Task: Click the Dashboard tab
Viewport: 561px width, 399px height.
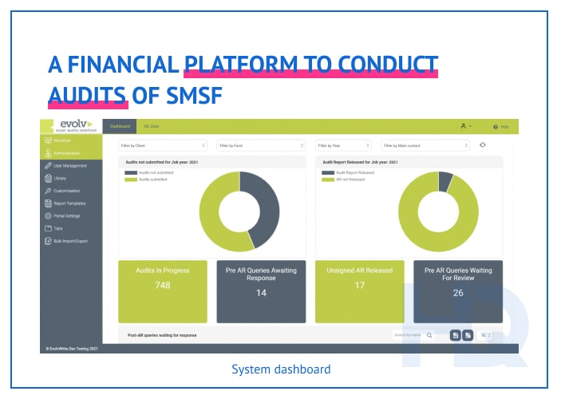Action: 120,126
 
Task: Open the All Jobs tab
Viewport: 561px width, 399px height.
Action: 151,126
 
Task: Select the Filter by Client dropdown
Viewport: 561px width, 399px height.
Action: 164,145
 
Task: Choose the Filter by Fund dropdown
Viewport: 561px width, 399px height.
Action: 261,145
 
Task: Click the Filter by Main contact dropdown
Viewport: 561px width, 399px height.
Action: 425,145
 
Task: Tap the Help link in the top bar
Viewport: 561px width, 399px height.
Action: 501,127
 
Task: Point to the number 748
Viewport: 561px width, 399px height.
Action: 163,286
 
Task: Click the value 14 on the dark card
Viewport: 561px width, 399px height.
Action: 261,293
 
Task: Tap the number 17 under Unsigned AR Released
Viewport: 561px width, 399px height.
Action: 360,286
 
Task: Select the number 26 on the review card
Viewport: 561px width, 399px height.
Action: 458,293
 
